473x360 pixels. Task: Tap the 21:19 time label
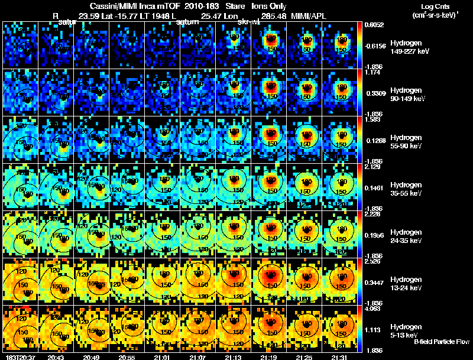pos(269,357)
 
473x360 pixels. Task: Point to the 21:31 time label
pos(340,357)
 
